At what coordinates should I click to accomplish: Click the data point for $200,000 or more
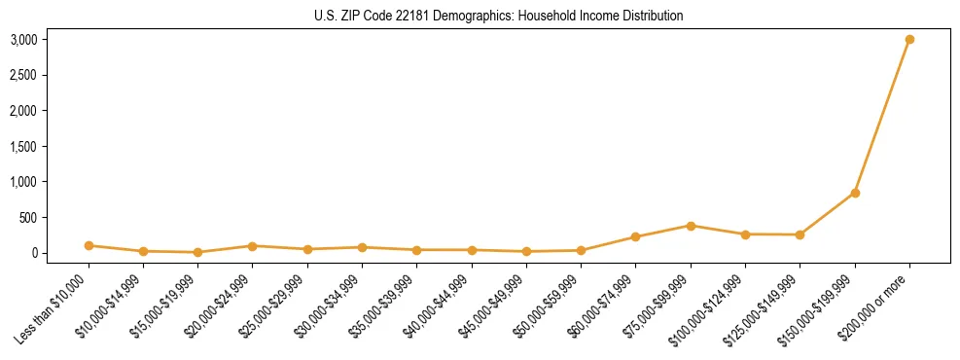[x=909, y=40]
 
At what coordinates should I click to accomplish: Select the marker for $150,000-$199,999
[x=855, y=193]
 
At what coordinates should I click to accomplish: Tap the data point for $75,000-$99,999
[x=691, y=226]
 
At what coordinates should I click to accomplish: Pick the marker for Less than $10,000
[x=89, y=246]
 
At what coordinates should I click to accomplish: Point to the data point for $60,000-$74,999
[x=635, y=237]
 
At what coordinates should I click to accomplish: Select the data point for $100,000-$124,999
[x=745, y=234]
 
